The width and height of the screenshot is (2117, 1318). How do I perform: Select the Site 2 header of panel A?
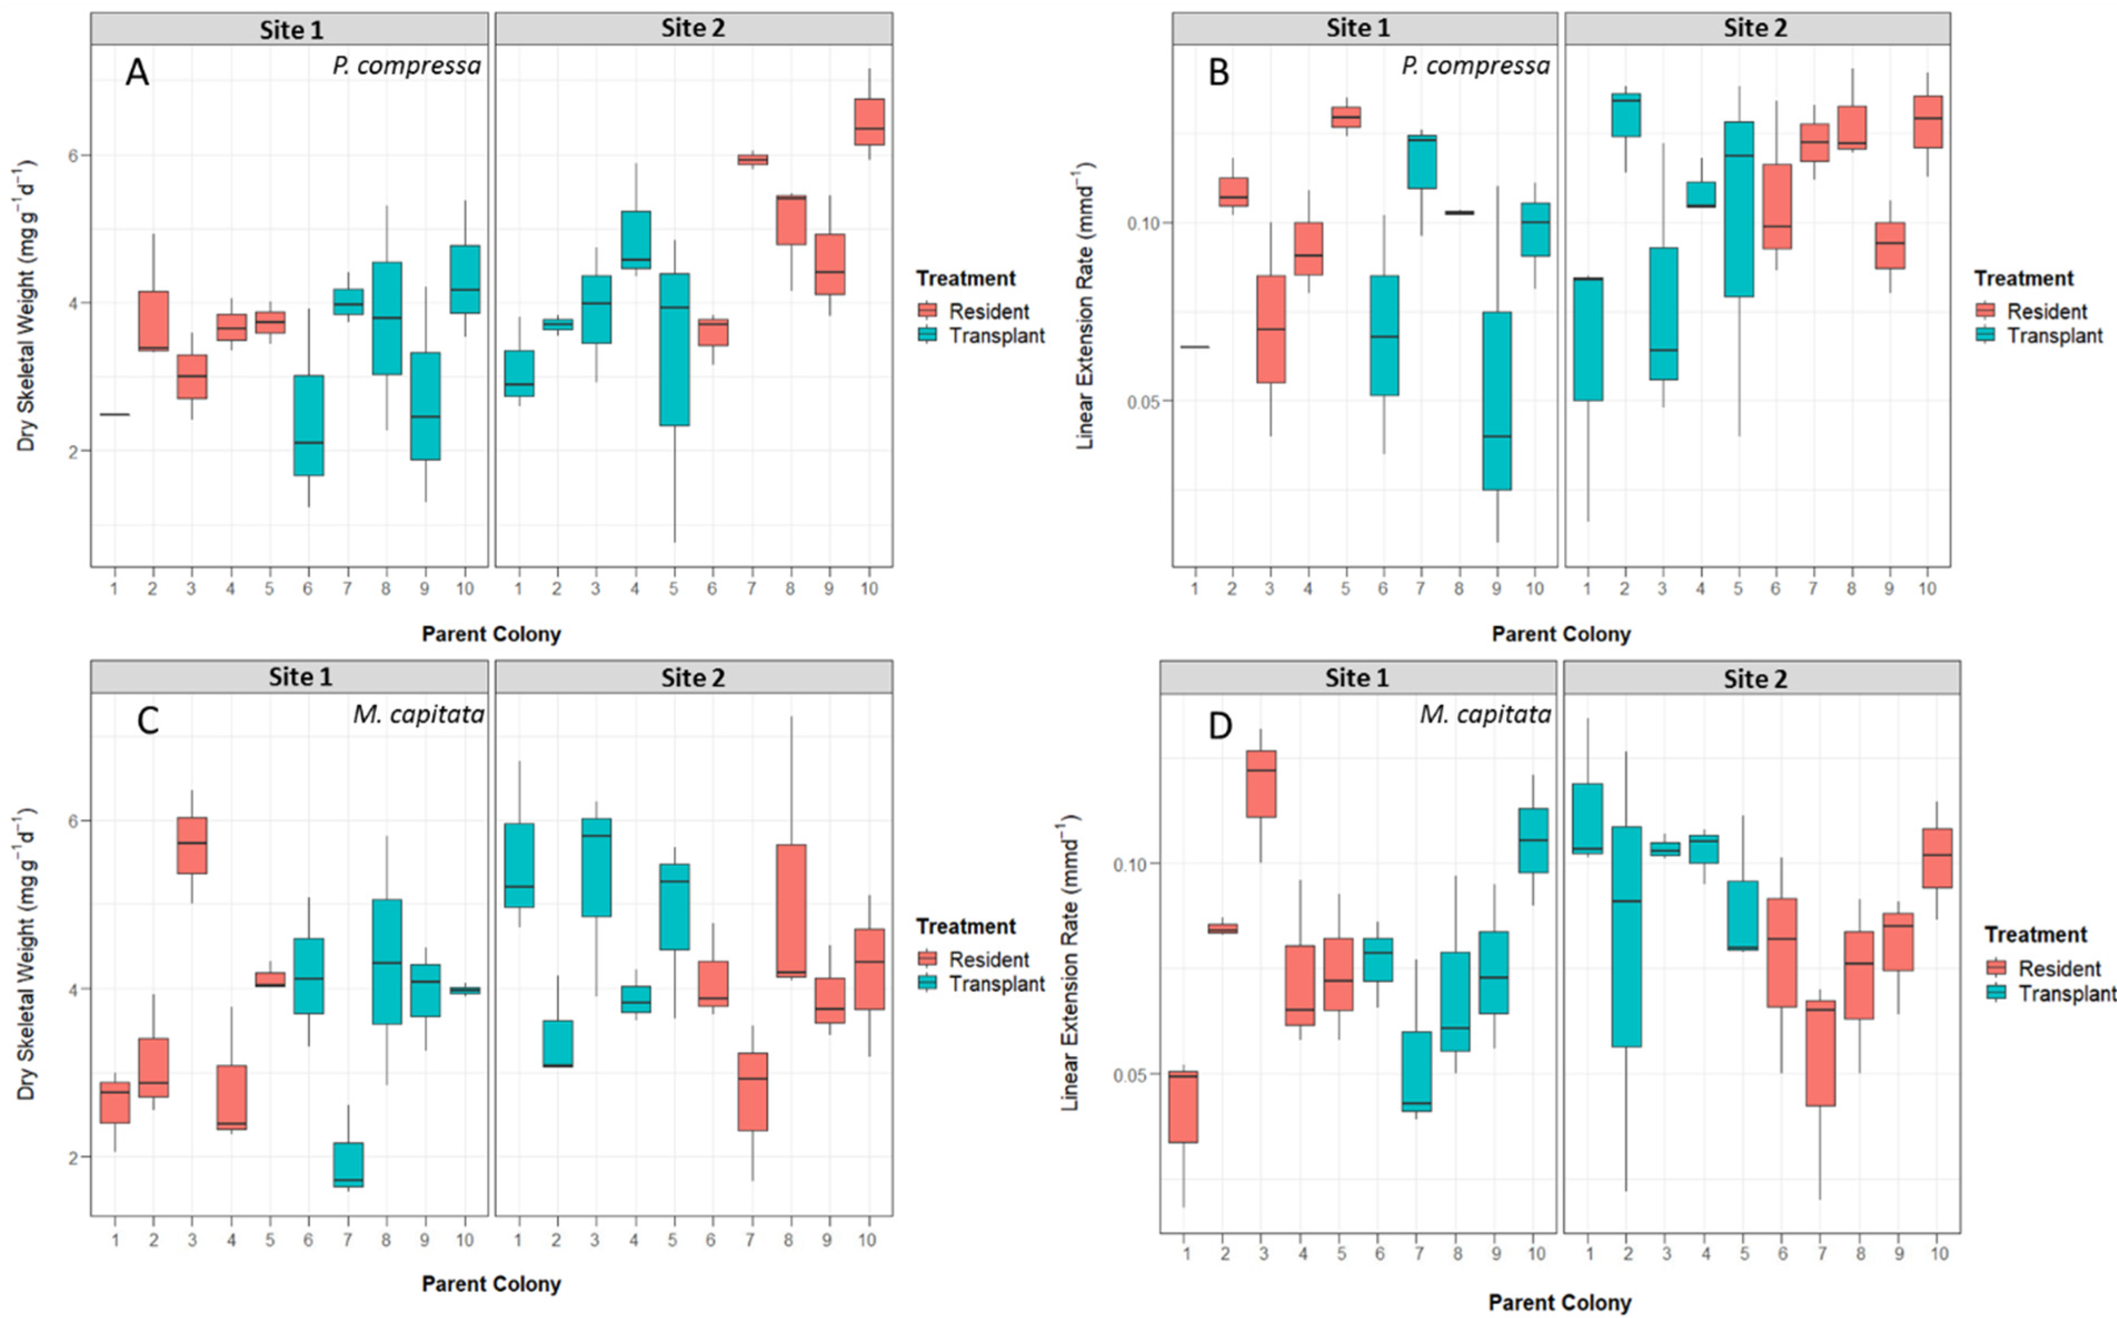click(x=693, y=29)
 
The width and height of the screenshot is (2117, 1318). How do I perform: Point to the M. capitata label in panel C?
click(x=419, y=715)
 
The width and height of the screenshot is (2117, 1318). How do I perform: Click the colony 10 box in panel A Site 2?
click(x=869, y=122)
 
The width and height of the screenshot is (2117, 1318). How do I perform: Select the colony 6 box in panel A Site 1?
click(x=308, y=426)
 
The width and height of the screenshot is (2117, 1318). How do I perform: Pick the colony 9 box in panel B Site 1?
click(x=1496, y=401)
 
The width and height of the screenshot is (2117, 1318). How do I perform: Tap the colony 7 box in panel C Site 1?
click(x=348, y=1165)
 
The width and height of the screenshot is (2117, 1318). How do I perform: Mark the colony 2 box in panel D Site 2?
click(x=1626, y=936)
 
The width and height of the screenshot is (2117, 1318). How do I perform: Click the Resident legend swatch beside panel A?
click(x=927, y=311)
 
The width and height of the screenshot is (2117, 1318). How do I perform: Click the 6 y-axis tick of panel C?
click(x=73, y=821)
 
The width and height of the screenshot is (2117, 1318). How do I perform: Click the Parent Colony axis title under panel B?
click(x=1561, y=634)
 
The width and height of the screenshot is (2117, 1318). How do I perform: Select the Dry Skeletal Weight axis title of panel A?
click(x=26, y=305)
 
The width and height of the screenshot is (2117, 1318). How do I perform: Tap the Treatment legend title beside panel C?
click(x=965, y=926)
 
